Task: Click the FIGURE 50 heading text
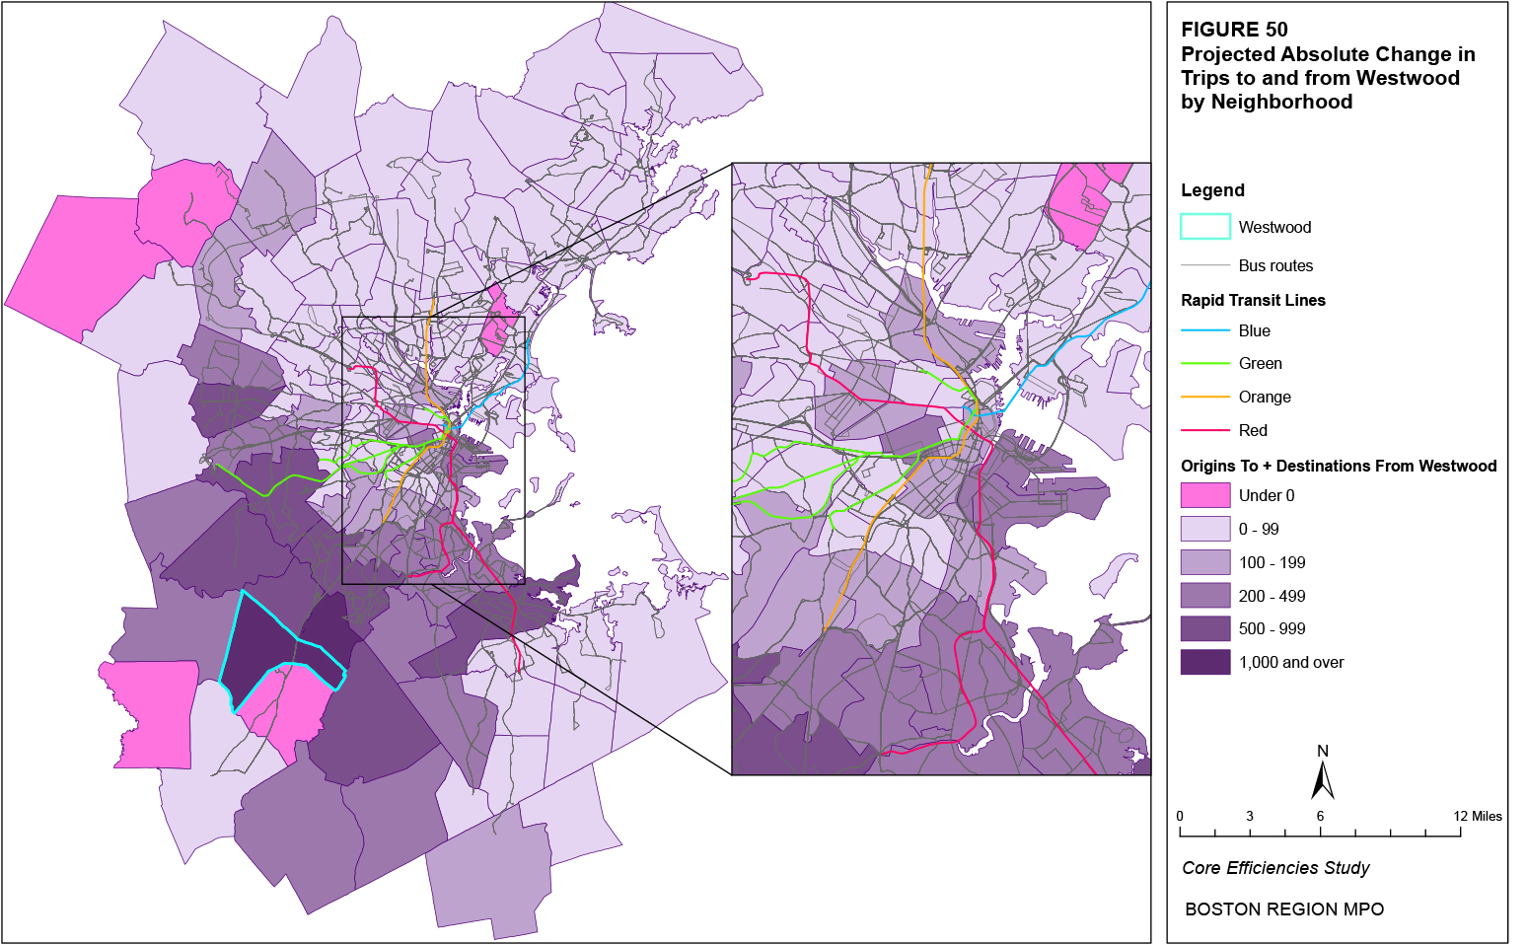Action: tap(1234, 30)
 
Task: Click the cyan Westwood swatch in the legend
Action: tap(1204, 227)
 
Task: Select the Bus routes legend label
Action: tap(1275, 265)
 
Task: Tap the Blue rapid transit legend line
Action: tap(1204, 330)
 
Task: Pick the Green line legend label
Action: tap(1260, 364)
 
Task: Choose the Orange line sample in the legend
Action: tap(1204, 397)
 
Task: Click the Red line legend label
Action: tap(1253, 430)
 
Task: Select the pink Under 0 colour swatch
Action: tap(1204, 495)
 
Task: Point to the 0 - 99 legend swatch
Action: tap(1204, 529)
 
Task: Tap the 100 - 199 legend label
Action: tap(1272, 562)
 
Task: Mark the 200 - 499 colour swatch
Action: tap(1204, 596)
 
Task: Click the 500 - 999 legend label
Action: tap(1272, 628)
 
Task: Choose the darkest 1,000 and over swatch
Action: tap(1204, 662)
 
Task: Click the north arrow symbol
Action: tap(1322, 779)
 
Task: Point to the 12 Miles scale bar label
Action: tap(1478, 816)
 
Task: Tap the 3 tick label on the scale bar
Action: tap(1249, 816)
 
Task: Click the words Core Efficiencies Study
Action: tap(1275, 868)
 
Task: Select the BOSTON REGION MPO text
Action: tap(1283, 909)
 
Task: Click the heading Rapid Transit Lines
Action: tap(1253, 300)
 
